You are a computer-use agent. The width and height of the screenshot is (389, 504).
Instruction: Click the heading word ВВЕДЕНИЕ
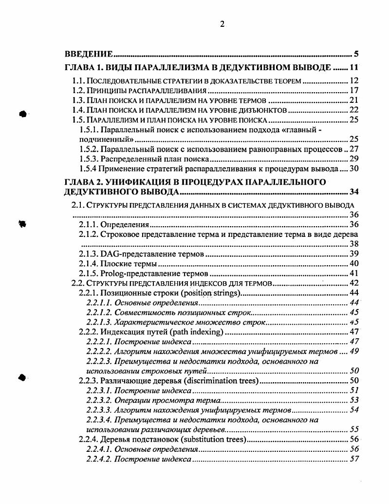(90, 54)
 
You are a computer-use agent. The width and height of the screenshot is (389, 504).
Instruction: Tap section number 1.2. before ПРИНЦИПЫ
(78, 91)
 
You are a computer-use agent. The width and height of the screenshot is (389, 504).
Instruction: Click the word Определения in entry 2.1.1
(124, 225)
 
